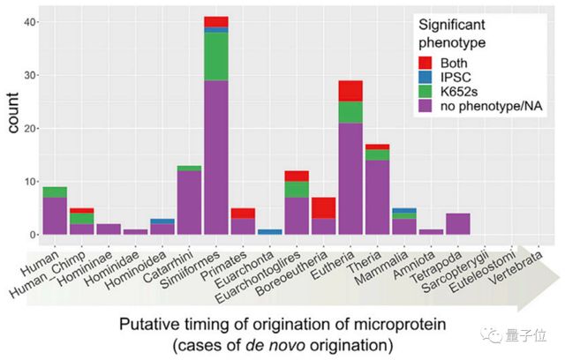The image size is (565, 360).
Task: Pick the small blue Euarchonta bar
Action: coord(270,232)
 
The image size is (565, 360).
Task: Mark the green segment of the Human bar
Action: coord(54,191)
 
